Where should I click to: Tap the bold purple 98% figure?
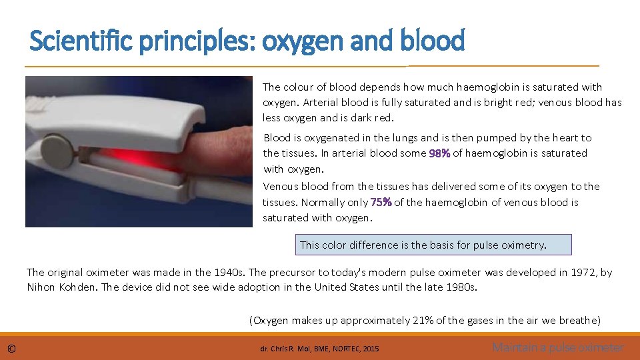point(439,153)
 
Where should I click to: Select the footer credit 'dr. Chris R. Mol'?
point(284,348)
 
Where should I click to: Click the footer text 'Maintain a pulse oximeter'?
point(558,347)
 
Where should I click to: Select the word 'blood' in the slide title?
point(433,42)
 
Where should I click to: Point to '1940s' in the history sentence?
point(229,272)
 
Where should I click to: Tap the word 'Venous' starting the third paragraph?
point(281,187)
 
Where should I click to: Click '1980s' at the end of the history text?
point(463,287)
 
